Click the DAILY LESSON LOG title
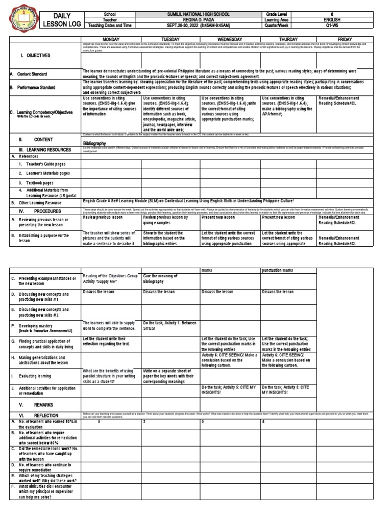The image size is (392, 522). (62, 19)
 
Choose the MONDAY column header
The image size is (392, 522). (111, 39)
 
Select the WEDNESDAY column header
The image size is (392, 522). (230, 39)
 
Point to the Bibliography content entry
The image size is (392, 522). (94, 144)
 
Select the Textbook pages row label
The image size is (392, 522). (36, 182)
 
